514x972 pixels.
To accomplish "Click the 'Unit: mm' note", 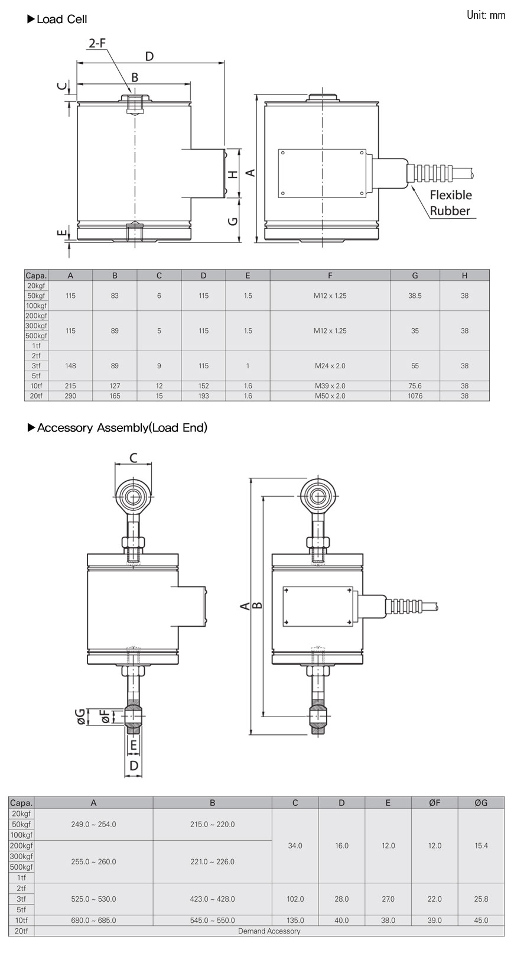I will click(486, 15).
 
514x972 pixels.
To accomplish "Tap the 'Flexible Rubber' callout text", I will click(450, 203).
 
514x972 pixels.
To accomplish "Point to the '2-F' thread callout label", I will click(97, 43).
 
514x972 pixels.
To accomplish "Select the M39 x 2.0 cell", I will click(330, 386).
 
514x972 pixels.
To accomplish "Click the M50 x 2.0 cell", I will click(330, 396).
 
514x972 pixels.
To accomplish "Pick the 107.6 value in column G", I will click(415, 396).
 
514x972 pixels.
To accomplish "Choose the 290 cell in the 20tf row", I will click(70, 396).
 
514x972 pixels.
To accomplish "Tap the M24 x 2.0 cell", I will click(330, 366).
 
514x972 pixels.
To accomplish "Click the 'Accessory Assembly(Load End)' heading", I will click(122, 427).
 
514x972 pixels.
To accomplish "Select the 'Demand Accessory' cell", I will click(269, 931).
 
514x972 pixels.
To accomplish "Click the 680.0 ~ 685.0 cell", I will click(93, 921).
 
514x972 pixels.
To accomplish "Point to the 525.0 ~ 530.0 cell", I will click(93, 899).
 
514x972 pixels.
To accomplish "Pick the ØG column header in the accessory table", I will click(481, 803).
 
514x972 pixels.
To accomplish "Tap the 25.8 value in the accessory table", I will click(481, 899).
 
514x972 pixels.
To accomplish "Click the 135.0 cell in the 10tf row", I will click(295, 921).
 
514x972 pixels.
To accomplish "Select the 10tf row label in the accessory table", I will click(21, 921).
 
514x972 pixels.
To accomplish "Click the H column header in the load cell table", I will click(464, 276).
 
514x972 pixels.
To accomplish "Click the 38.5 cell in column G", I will click(415, 296).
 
